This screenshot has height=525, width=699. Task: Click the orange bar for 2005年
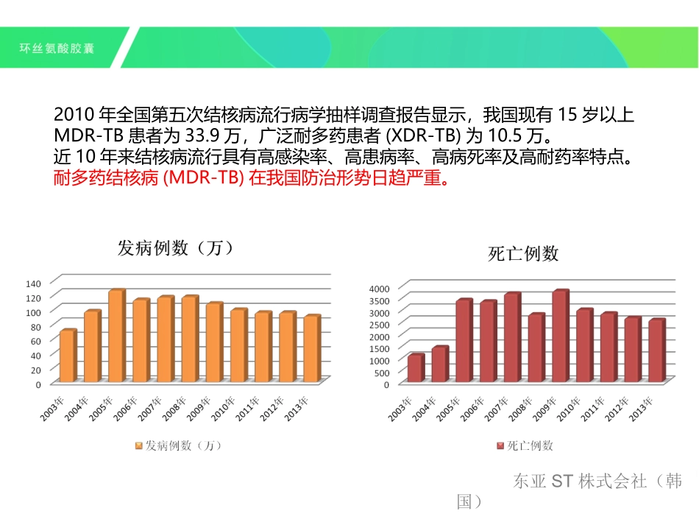coord(116,336)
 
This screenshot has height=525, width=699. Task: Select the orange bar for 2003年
coord(67,356)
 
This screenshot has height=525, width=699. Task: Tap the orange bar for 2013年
coord(311,349)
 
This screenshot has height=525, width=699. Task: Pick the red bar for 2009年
coord(560,337)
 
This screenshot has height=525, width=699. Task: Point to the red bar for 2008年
coord(536,348)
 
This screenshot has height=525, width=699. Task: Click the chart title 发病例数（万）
coord(176,248)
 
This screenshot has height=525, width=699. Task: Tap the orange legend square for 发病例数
coord(138,445)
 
